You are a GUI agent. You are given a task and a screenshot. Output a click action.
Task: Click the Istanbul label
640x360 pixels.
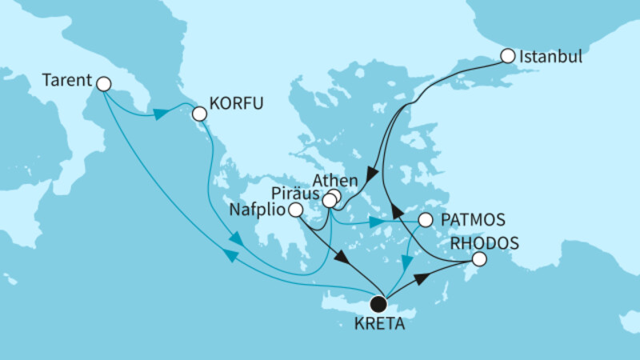550,58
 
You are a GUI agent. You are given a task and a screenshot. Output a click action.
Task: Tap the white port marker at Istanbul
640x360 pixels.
507,56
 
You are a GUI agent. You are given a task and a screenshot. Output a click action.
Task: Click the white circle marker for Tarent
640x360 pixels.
102,82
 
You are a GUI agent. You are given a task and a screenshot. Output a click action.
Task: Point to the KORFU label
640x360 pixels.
235,104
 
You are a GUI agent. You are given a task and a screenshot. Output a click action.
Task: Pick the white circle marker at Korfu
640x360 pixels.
198,114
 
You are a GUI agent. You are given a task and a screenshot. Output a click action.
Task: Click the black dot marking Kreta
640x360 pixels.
378,304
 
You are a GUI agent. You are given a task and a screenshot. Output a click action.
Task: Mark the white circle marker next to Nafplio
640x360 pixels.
295,210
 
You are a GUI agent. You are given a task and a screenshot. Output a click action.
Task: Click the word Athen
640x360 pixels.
312,180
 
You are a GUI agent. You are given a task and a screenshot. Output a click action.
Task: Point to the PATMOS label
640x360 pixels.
466,218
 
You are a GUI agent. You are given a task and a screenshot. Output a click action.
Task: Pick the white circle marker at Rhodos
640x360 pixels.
478,259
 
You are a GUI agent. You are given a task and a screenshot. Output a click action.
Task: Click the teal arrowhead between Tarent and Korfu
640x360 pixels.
160,114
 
